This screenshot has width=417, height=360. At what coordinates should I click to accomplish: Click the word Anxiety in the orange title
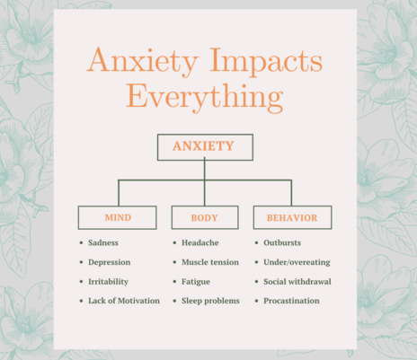[143, 61]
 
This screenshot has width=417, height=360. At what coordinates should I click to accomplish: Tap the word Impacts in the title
[266, 61]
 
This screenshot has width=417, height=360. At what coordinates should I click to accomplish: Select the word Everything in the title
[205, 97]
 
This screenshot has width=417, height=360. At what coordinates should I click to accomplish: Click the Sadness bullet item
[103, 242]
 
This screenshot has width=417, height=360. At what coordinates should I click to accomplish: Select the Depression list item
[110, 262]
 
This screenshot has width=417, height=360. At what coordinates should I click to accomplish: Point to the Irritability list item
[108, 282]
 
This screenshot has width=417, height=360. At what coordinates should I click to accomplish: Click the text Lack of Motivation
[124, 301]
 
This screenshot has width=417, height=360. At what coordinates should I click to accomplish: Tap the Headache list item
[200, 242]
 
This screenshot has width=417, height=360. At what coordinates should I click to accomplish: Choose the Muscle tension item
[210, 262]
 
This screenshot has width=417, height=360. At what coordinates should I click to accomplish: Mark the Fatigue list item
[196, 282]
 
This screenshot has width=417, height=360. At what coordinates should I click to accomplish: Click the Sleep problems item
[210, 301]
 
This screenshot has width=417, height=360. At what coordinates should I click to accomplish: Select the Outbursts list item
[282, 242]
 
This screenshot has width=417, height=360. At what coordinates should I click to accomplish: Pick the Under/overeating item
[297, 262]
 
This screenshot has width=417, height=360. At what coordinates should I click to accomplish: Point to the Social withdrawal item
[297, 282]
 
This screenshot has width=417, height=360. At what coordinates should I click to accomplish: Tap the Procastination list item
[291, 301]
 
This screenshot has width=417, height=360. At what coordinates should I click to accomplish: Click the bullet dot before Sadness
[81, 242]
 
